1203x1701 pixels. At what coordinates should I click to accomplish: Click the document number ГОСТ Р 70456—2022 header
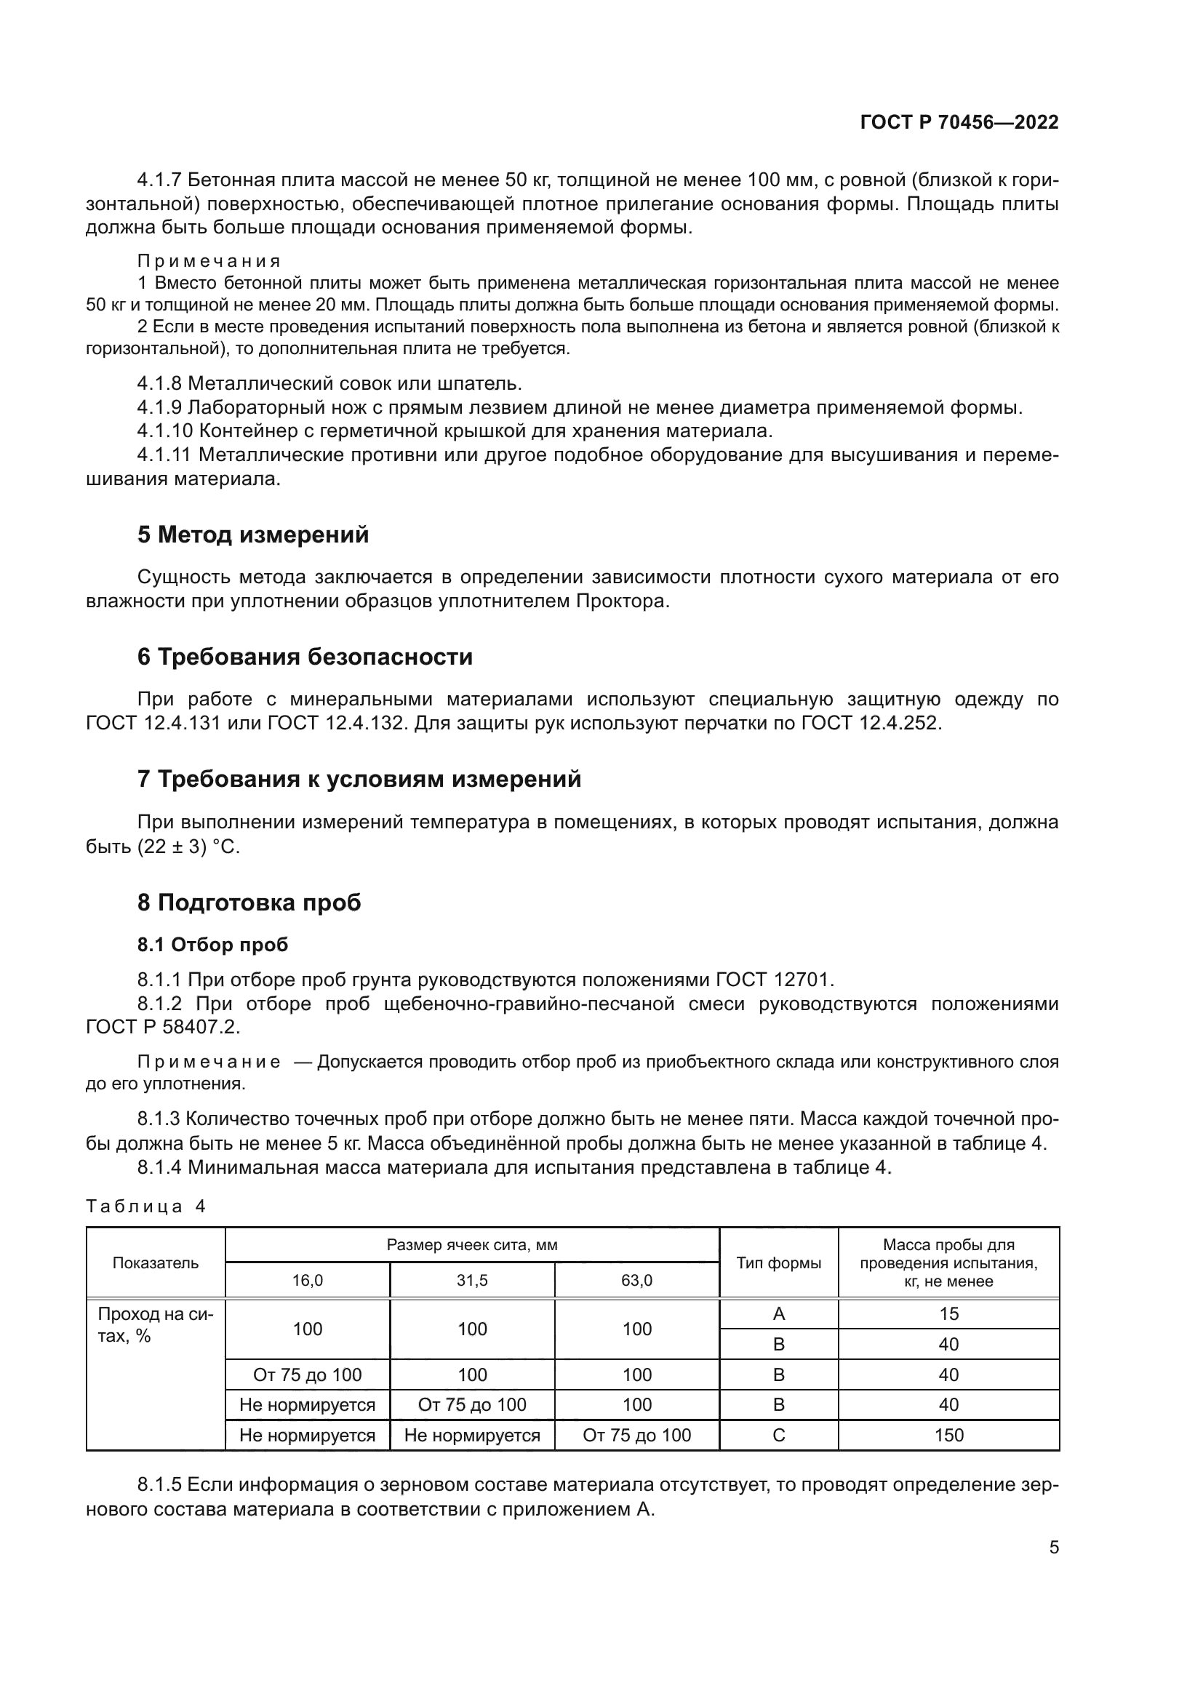(x=959, y=122)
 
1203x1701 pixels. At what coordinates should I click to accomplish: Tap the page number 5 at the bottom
(x=1053, y=1547)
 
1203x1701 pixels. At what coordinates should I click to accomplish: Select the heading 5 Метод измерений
(x=252, y=535)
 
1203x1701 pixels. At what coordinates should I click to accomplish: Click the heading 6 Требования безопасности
(x=305, y=657)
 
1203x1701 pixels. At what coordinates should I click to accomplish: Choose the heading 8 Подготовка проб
(x=249, y=902)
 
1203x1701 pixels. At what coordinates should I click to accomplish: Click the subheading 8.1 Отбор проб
(x=212, y=945)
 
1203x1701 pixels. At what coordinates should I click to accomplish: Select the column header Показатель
(x=156, y=1262)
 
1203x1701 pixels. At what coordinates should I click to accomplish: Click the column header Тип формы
(x=778, y=1262)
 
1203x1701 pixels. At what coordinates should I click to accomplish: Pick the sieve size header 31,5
(x=472, y=1280)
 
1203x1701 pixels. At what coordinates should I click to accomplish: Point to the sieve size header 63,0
(x=636, y=1280)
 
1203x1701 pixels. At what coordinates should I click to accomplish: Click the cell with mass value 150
(x=948, y=1435)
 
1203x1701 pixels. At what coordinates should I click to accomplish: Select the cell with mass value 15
(x=948, y=1313)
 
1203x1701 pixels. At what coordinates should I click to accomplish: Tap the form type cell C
(x=778, y=1435)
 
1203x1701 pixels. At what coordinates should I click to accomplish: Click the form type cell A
(x=778, y=1313)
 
